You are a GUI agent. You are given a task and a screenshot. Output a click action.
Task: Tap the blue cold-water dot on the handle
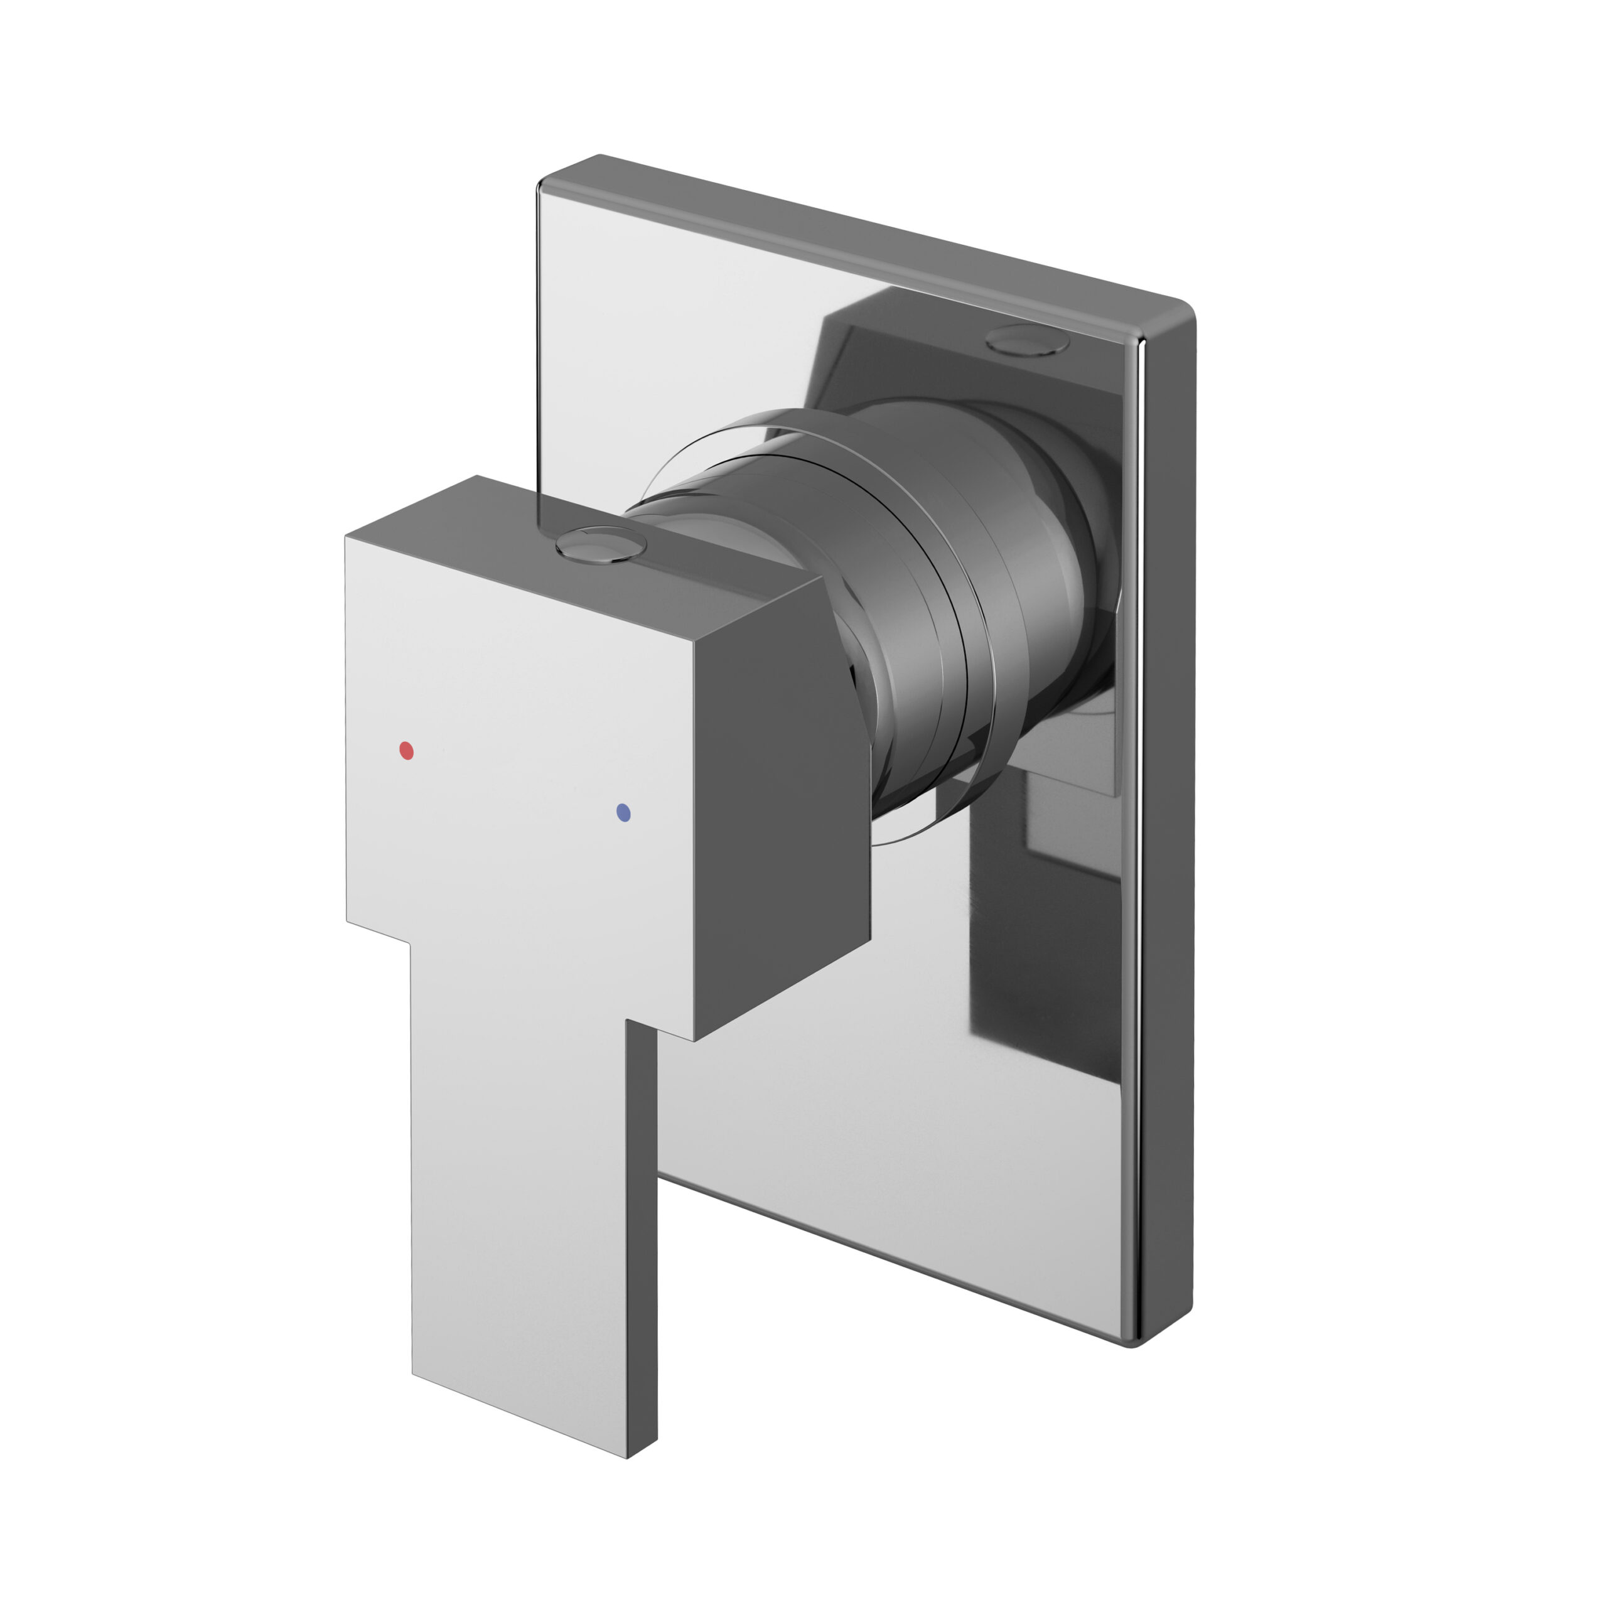coord(625,813)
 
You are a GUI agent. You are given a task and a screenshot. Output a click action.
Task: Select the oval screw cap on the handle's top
coord(601,546)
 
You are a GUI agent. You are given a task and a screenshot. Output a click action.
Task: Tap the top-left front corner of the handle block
coord(347,539)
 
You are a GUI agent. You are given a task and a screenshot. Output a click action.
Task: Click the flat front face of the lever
coord(520,1206)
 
